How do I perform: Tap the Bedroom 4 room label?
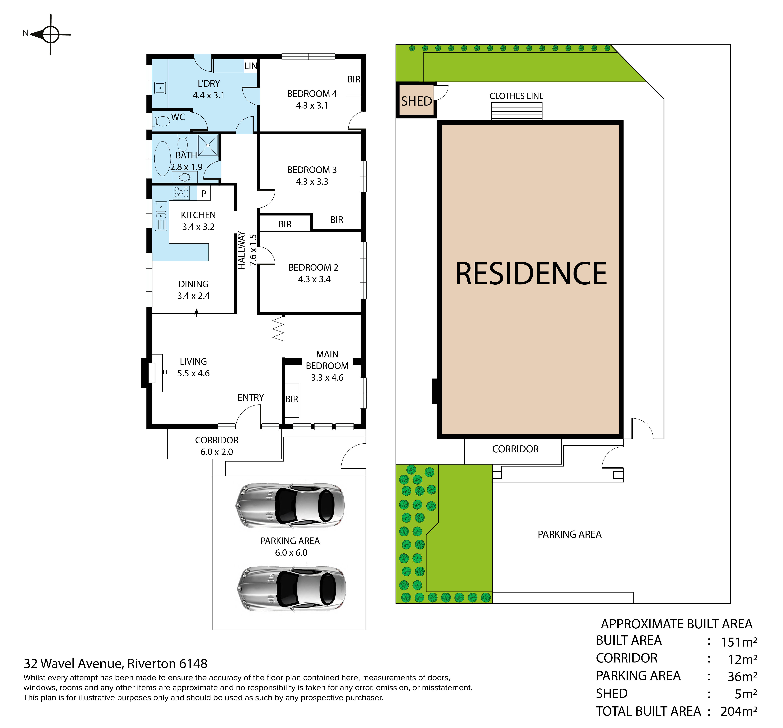click(312, 99)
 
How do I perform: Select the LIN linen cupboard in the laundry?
click(251, 66)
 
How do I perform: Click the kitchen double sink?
click(161, 216)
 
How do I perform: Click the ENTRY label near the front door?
click(251, 397)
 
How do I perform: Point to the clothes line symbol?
click(516, 111)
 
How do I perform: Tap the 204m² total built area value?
click(738, 711)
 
